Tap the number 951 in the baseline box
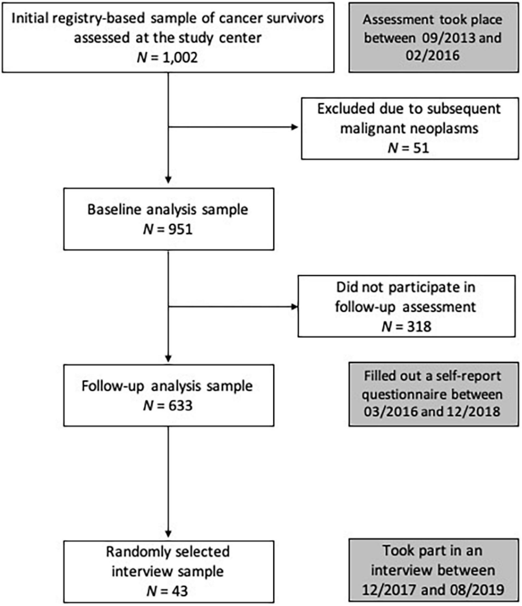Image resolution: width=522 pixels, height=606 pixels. point(180,229)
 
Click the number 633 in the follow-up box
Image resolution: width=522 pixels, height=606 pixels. point(180,406)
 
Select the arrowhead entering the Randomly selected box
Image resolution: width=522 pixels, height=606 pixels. point(168,534)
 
